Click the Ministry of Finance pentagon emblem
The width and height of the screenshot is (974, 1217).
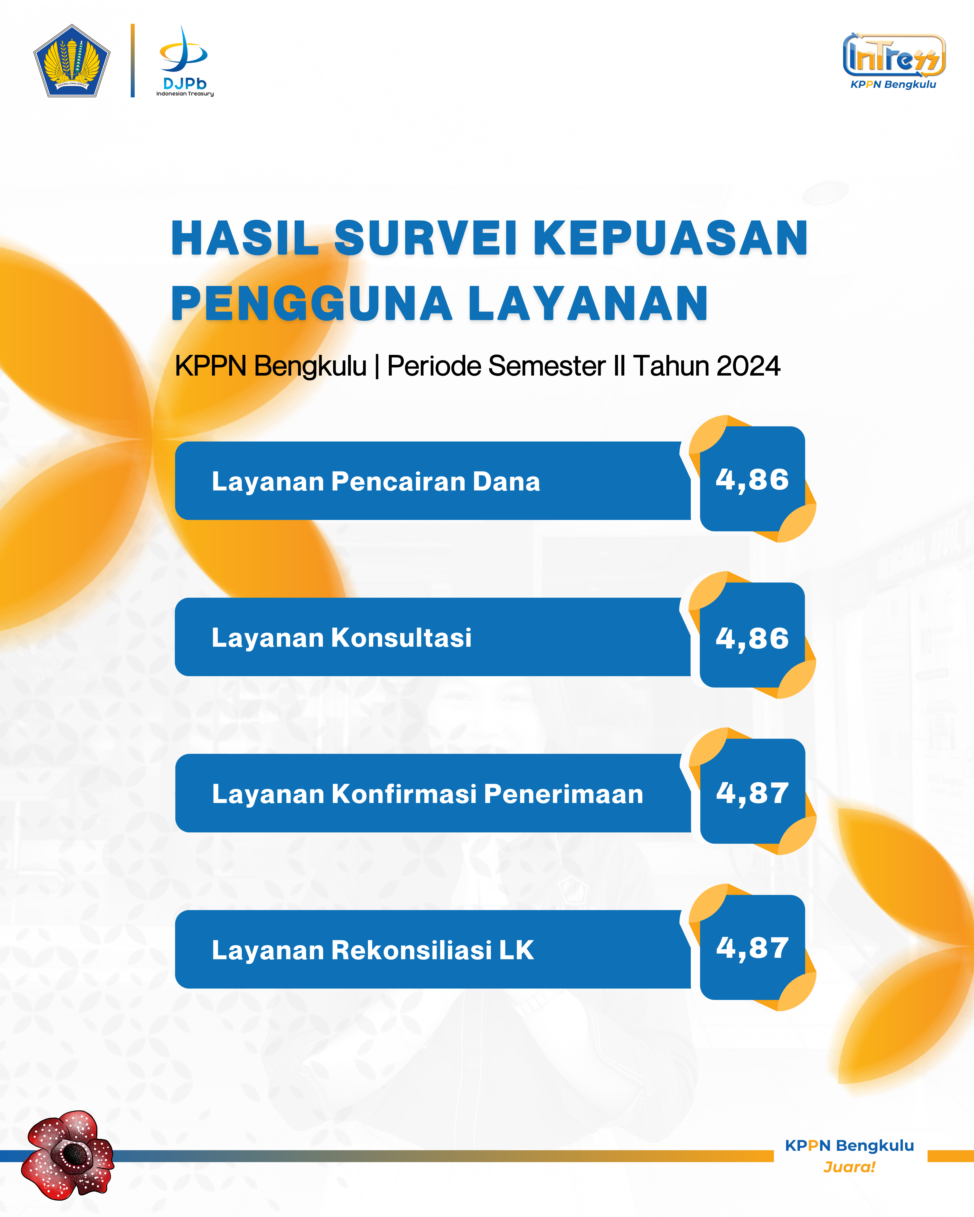pyautogui.click(x=72, y=61)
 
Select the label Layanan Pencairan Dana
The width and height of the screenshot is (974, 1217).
pyautogui.click(x=376, y=481)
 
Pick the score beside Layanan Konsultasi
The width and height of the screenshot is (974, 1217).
pyautogui.click(x=752, y=638)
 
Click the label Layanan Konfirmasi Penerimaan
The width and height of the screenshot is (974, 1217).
pyautogui.click(x=427, y=794)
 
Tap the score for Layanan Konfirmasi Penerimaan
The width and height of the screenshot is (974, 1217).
pyautogui.click(x=752, y=793)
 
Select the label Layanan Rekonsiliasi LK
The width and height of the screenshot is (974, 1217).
pyautogui.click(x=373, y=950)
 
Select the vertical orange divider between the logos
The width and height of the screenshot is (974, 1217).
pyautogui.click(x=133, y=60)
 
